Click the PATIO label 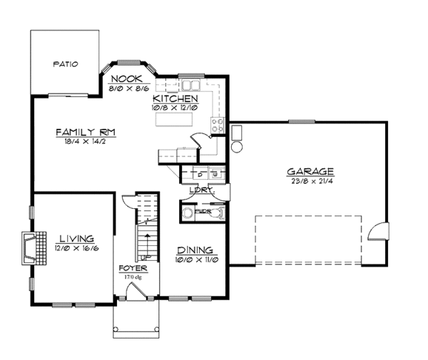click(x=65, y=64)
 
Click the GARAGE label click(x=310, y=171)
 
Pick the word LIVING click(x=76, y=240)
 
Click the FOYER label click(x=133, y=269)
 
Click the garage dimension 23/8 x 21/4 click(x=310, y=180)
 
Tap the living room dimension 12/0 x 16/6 click(x=76, y=249)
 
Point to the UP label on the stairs click(x=145, y=256)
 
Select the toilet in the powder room click(x=188, y=212)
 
